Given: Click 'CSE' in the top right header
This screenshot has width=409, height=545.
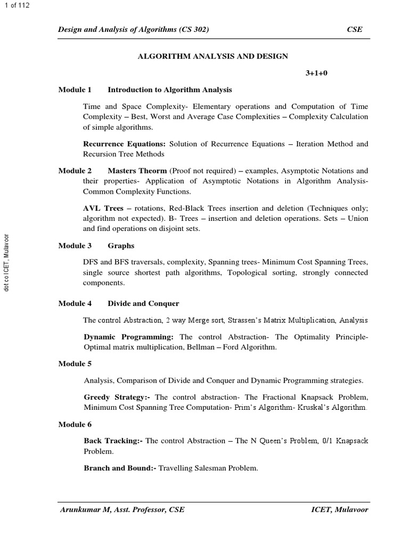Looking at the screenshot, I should pos(355,30).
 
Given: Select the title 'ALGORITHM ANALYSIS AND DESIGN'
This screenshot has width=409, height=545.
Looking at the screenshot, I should pos(213,56).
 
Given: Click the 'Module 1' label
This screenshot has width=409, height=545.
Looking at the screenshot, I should pos(75,90).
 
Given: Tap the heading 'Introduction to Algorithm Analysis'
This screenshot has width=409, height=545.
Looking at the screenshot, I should pos(170,90).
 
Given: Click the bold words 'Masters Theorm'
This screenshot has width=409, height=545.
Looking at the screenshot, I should pos(137,171).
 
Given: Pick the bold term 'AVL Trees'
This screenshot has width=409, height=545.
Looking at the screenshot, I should pos(103,208).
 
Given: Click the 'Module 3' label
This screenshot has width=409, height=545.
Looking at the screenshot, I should pos(75,246).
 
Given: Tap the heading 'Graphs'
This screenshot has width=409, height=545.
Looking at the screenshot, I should pos(121,246).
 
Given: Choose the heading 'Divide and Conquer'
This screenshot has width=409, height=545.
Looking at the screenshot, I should pos(143,303).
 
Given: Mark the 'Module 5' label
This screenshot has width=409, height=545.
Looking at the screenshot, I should pos(75,364).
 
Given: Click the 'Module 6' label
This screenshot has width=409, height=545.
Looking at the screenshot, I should pos(75,424).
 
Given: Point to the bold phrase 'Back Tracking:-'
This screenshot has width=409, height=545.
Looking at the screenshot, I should pos(113,441).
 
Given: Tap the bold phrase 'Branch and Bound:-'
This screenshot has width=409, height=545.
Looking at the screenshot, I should pos(120,468).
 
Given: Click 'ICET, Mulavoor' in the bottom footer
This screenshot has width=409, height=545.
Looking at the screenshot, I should pos(340,509).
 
